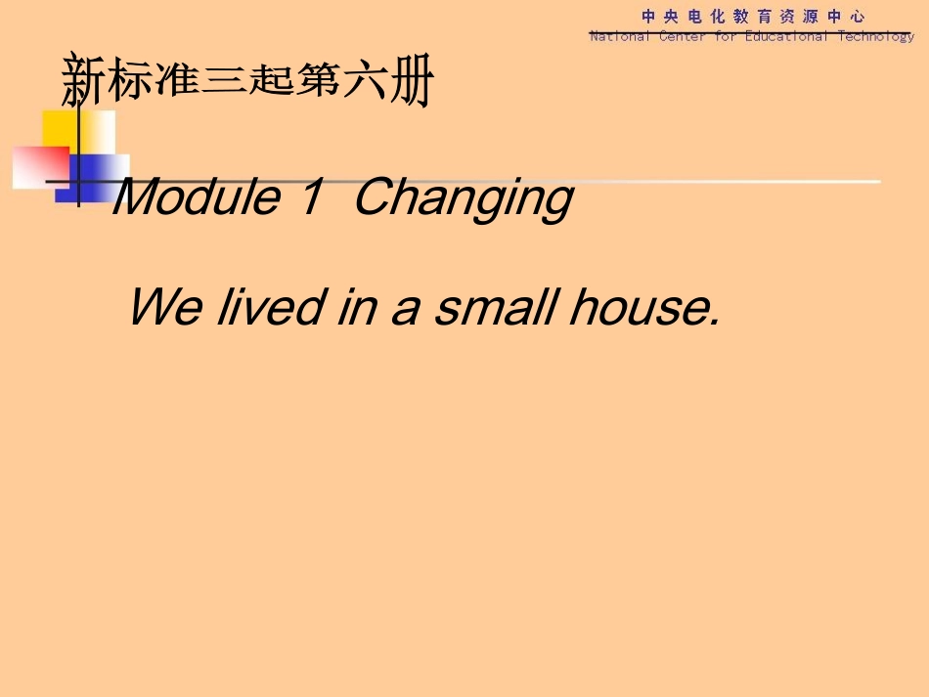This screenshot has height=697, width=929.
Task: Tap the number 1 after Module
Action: pos(311,198)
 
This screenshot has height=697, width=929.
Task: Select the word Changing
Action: pos(463,200)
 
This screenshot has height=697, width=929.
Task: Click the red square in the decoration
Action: pos(39,166)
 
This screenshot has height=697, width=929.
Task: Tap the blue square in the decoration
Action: pos(98,176)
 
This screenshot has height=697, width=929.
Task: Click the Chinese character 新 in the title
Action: pos(83,82)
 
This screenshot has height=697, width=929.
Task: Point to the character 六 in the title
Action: pos(364,82)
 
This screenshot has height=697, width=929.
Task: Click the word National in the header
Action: pos(619,37)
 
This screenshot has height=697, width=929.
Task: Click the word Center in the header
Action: pos(682,37)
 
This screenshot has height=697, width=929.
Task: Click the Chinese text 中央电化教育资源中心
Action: pos(753,17)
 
